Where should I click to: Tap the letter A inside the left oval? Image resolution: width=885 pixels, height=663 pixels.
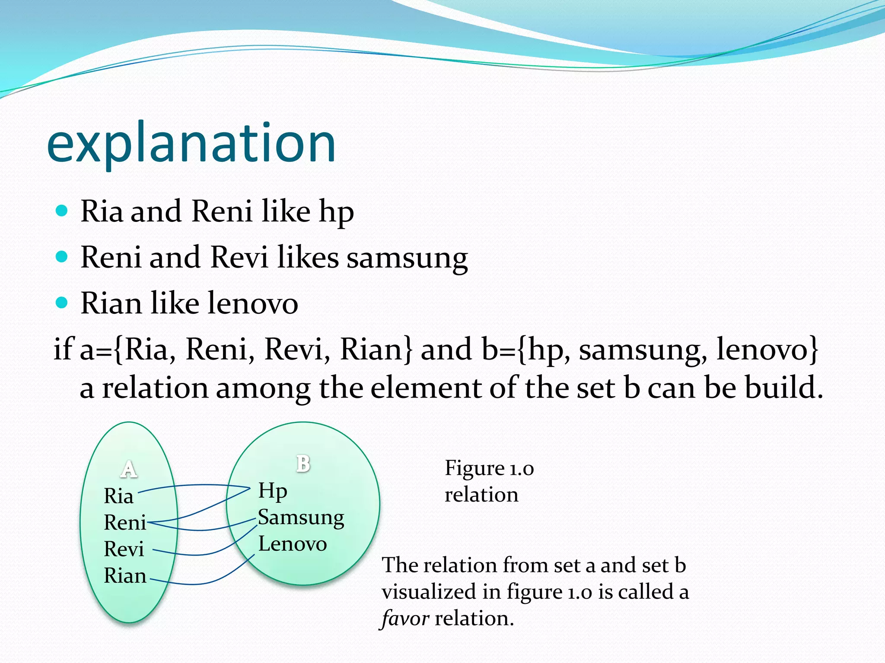[129, 469]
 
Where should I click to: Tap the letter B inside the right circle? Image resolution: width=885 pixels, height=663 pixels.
[303, 464]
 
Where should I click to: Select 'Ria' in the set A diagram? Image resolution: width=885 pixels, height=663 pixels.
[118, 496]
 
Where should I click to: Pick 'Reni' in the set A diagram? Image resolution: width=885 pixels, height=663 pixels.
[125, 523]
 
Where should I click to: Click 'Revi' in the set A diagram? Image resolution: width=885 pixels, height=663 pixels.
[124, 549]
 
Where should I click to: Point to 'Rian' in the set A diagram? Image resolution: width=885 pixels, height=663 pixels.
[125, 576]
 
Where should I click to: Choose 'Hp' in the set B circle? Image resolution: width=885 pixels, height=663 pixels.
[272, 491]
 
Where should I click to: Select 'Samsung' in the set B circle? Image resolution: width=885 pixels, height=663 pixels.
[301, 518]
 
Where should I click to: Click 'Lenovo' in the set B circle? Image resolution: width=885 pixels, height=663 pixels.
[292, 544]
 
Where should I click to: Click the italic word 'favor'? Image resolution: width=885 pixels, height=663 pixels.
[405, 619]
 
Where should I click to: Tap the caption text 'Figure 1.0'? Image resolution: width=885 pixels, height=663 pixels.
[489, 468]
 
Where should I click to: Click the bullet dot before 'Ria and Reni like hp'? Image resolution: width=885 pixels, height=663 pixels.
[62, 211]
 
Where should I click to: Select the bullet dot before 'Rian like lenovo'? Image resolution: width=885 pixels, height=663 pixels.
[62, 303]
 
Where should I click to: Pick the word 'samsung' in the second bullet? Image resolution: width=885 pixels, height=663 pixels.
[407, 258]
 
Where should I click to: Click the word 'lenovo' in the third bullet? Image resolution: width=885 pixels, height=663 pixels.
[252, 303]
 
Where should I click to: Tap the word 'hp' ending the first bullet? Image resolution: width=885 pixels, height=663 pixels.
[336, 212]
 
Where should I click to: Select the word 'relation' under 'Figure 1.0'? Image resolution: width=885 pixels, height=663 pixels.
[481, 495]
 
